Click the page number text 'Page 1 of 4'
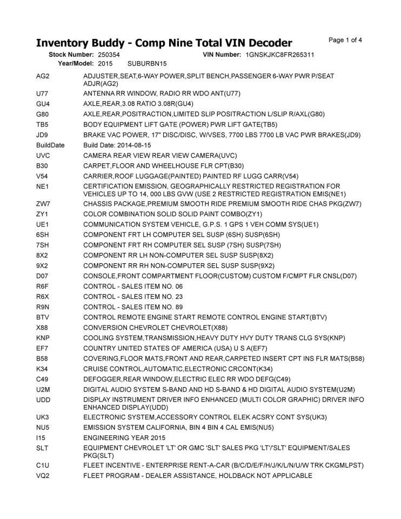pyautogui.click(x=345, y=40)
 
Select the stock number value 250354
pyautogui.click(x=109, y=55)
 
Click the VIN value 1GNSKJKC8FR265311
pyautogui.click(x=280, y=55)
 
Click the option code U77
pyautogui.click(x=42, y=94)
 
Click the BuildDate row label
pyautogui.click(x=50, y=145)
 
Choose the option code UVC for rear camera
pyautogui.click(x=43, y=156)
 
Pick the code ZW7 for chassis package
pyautogui.click(x=43, y=204)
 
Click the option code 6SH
pyautogui.click(x=43, y=235)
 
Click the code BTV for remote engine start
pyautogui.click(x=43, y=317)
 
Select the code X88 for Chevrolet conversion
pyautogui.click(x=43, y=328)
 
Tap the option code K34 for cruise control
pyautogui.click(x=43, y=369)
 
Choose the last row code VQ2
pyautogui.click(x=43, y=476)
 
